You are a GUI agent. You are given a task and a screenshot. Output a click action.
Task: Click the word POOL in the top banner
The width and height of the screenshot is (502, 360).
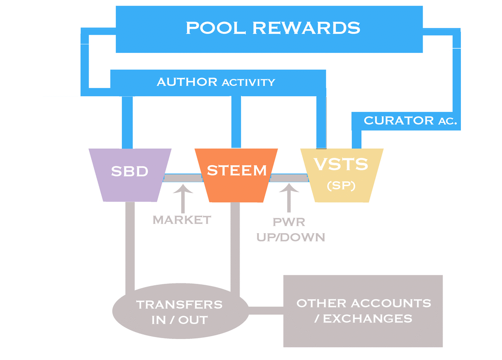(215, 28)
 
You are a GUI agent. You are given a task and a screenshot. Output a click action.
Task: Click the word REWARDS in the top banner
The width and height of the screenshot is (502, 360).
(306, 28)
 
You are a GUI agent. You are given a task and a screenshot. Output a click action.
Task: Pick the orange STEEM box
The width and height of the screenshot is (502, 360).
(236, 175)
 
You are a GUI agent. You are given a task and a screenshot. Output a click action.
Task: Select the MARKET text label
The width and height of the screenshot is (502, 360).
(182, 220)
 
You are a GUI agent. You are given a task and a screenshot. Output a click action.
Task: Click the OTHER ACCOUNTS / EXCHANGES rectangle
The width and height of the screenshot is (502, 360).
(363, 311)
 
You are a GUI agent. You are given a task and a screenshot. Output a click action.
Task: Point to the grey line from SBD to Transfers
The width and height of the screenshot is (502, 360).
(130, 246)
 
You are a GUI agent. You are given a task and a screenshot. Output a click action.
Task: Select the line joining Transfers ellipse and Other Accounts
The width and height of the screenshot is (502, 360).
(266, 311)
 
